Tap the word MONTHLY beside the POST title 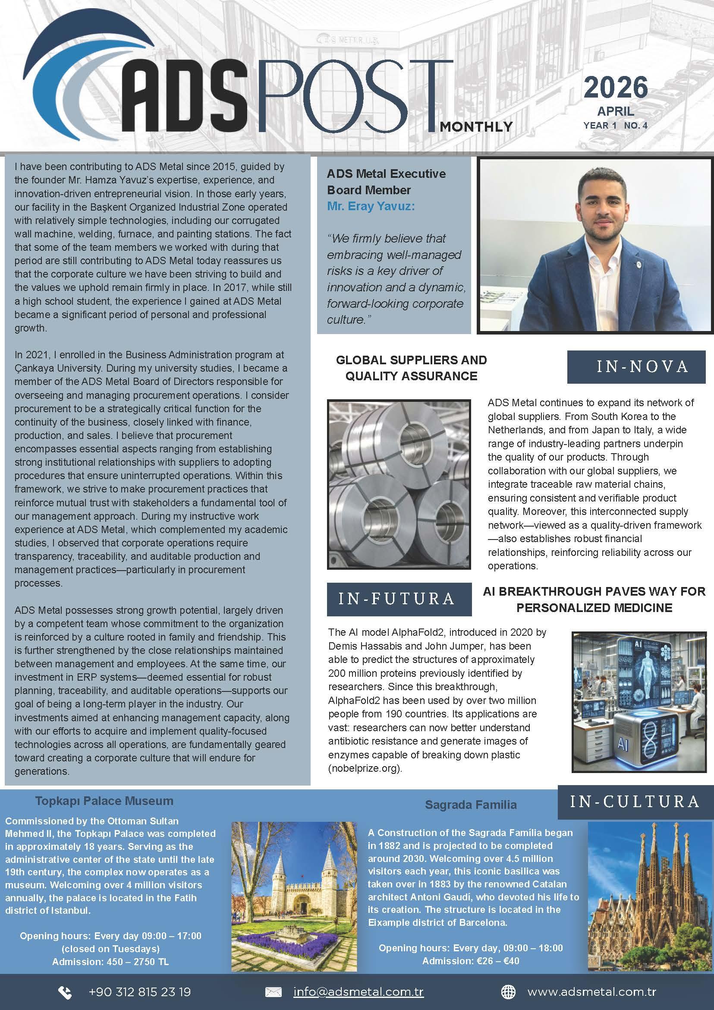point(476,127)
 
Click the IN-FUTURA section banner point(399,599)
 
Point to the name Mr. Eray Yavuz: point(371,206)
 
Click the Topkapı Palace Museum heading point(104,801)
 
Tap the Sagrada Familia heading point(471,805)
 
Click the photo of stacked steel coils point(399,484)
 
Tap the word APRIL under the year point(616,111)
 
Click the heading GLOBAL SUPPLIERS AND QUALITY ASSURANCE point(411,368)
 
